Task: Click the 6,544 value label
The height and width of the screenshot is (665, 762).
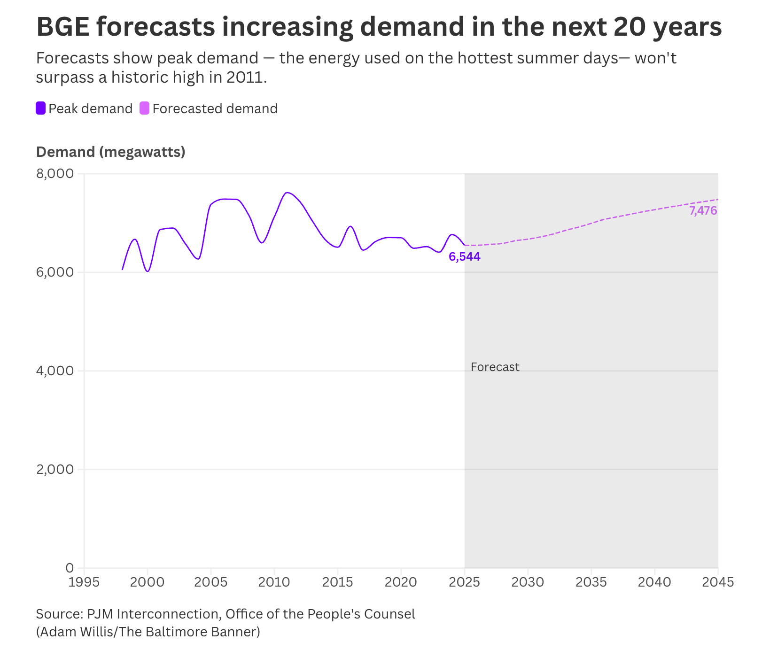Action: tap(464, 257)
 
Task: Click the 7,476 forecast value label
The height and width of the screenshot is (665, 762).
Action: tap(703, 211)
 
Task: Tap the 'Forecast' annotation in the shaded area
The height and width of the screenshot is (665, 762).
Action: tap(495, 367)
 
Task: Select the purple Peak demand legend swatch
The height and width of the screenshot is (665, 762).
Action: tap(41, 108)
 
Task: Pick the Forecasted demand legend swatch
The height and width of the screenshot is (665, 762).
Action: tap(145, 108)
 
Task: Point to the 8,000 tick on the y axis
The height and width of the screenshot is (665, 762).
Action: tap(55, 174)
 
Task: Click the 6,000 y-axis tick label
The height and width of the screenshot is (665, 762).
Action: tap(55, 272)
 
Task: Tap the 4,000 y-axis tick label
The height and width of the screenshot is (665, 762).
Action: tap(55, 371)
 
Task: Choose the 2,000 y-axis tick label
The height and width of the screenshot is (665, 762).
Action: tap(55, 470)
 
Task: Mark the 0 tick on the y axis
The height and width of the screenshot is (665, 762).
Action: tap(69, 568)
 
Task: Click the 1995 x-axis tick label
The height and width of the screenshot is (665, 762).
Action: tap(84, 582)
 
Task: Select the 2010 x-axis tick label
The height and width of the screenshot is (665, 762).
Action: tap(274, 582)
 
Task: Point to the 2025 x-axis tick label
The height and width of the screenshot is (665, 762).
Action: tap(464, 582)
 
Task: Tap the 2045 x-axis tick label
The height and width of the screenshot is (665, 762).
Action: tap(717, 582)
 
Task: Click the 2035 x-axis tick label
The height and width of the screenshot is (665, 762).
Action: tap(591, 582)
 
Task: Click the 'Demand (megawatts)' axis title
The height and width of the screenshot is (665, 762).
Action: tap(110, 152)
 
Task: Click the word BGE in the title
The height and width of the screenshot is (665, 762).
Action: tap(62, 27)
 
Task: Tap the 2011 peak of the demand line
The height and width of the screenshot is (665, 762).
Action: tap(287, 193)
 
